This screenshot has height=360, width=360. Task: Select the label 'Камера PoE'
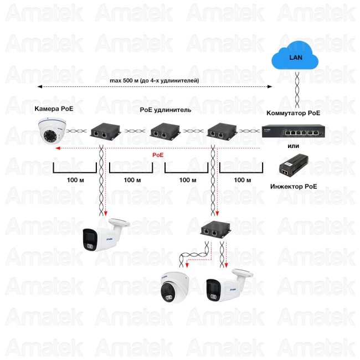(54, 108)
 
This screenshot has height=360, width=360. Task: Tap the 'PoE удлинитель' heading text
(166, 110)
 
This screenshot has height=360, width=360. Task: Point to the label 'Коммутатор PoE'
(294, 113)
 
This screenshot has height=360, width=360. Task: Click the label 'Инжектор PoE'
(294, 187)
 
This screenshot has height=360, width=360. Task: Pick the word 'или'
(294, 146)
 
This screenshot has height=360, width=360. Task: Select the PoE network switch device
(294, 132)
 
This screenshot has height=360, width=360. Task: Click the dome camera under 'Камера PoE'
(54, 131)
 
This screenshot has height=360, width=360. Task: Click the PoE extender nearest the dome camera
(102, 132)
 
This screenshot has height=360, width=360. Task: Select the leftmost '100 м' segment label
(75, 181)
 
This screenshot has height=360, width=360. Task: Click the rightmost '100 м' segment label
(242, 181)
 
